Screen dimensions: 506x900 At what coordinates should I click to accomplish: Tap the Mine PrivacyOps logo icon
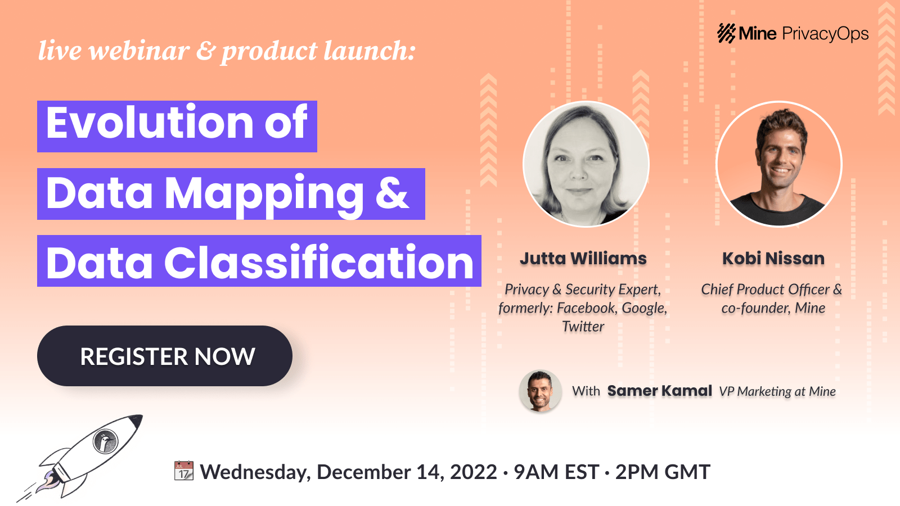point(726,33)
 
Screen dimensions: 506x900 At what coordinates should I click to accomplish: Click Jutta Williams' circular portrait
point(586,164)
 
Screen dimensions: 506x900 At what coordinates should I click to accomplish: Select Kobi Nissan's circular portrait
point(779,164)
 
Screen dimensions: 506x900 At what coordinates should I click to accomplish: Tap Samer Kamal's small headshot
point(540,391)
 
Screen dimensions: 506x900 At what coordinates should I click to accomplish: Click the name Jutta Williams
point(583,259)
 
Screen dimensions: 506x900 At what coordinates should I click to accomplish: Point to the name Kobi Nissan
point(773,259)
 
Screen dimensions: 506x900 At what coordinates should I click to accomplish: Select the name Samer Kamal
point(659,391)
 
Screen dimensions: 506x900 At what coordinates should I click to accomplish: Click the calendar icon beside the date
point(184,471)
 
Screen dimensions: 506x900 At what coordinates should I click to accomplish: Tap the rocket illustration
point(84,455)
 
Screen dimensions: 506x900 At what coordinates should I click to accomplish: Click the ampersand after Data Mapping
point(392,193)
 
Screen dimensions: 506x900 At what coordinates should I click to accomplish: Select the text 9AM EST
point(556,472)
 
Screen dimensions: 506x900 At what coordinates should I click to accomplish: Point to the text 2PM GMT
point(663,472)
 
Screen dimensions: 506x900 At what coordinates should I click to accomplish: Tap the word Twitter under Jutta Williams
point(583,327)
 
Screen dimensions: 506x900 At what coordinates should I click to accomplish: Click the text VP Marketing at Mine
point(777,391)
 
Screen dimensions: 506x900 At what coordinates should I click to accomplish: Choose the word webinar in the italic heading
point(138,51)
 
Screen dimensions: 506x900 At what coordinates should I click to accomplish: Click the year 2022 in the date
point(474,472)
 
